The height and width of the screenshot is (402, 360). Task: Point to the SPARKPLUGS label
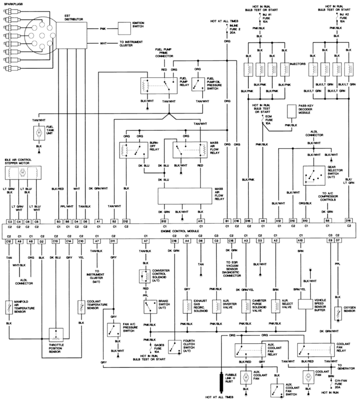coord(14,4)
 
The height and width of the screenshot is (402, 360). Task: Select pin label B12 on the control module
coord(163,221)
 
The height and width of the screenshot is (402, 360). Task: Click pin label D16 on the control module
coord(348,221)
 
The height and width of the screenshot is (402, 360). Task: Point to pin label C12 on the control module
coord(9,242)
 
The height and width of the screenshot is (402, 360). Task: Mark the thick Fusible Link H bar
coord(221,381)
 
